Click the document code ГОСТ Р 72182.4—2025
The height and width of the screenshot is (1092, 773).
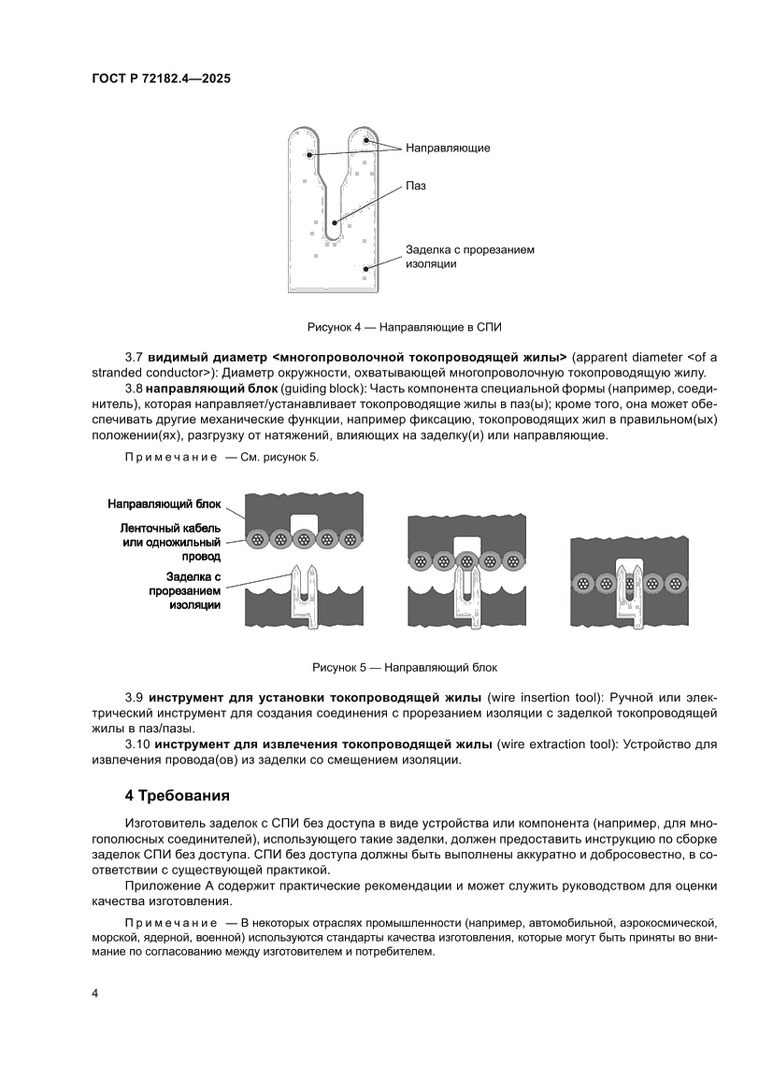(x=161, y=79)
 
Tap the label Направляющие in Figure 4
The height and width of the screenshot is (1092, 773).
(x=448, y=148)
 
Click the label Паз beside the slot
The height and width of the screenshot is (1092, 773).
(x=416, y=186)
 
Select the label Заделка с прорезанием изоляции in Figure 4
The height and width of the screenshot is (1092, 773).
(x=469, y=257)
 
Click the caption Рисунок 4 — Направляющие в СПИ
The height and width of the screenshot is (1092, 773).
(x=405, y=327)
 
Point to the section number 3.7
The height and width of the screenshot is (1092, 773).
(x=134, y=358)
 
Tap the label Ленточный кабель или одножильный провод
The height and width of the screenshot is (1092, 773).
(x=171, y=542)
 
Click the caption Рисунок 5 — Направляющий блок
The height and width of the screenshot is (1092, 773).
(x=405, y=668)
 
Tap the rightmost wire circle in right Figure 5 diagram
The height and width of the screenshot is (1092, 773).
(x=674, y=583)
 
